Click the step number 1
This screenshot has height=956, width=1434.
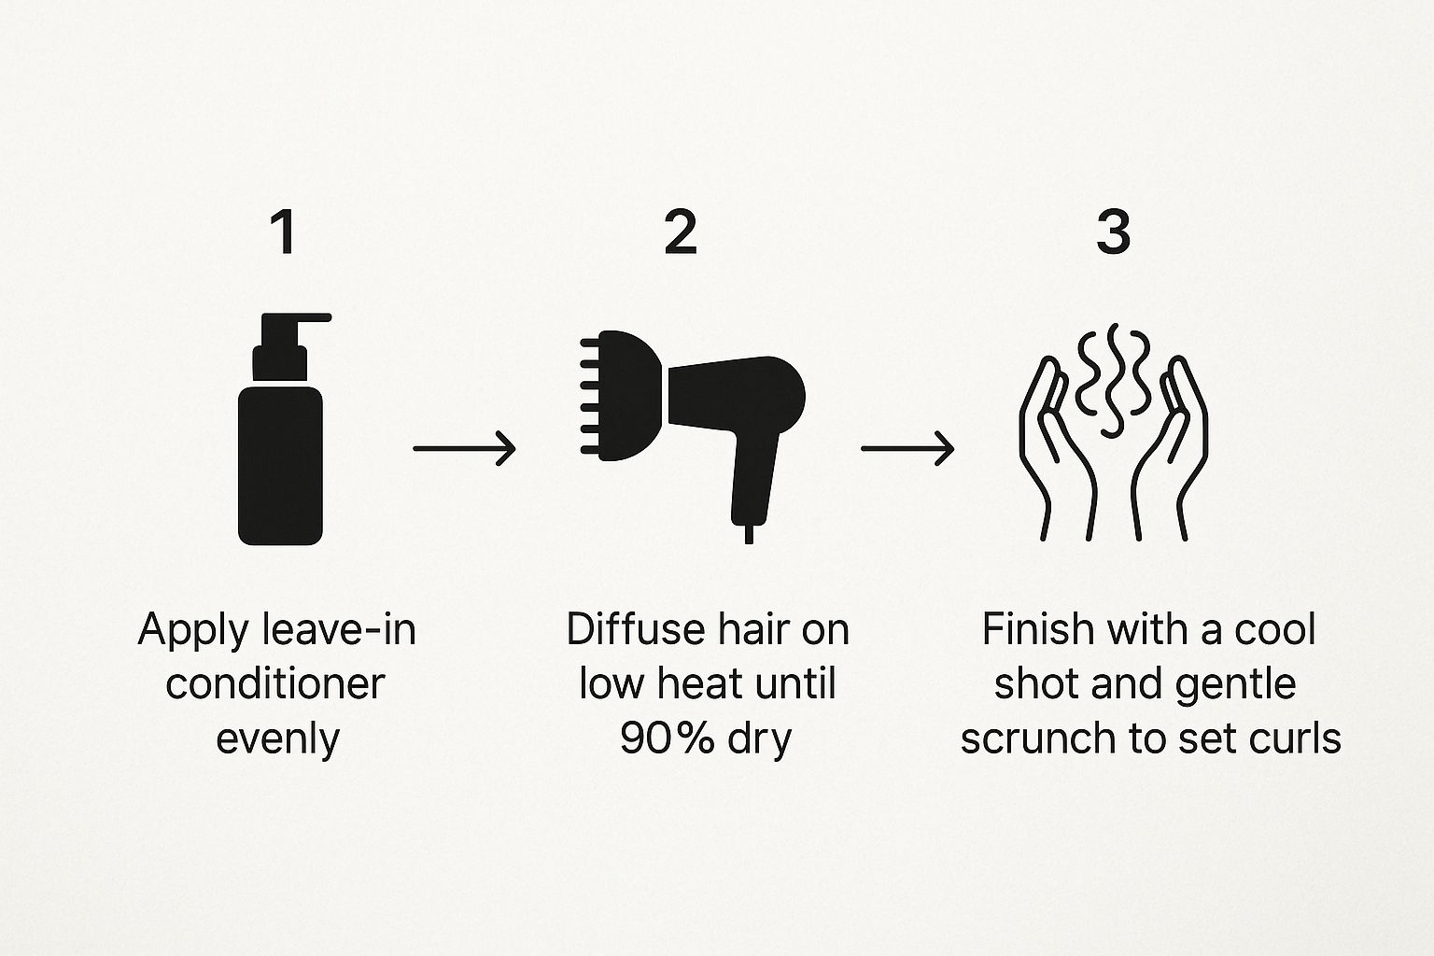coord(284,232)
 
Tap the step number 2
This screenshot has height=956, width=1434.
coord(681,232)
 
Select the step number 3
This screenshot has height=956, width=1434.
coord(1113,232)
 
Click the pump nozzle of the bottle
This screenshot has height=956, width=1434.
coord(294,330)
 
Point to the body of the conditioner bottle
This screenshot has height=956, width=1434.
coord(280,466)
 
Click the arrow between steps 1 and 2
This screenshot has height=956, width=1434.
coord(464,448)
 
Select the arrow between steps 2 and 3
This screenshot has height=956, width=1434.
coord(907,448)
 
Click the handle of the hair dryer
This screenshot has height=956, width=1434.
coord(755,477)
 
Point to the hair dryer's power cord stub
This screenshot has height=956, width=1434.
coord(749,535)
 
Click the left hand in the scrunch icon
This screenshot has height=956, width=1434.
coord(1056,449)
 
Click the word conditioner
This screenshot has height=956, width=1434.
coord(275,684)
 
